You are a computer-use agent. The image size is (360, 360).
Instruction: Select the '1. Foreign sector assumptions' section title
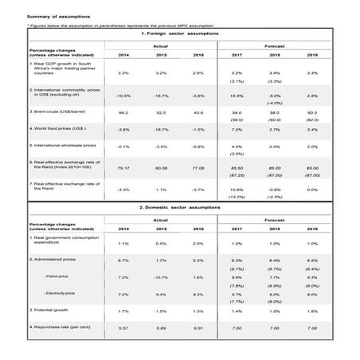tap(180, 33)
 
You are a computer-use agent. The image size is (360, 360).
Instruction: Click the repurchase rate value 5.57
tap(123, 327)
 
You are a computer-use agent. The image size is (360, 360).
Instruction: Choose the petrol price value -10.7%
tap(160, 278)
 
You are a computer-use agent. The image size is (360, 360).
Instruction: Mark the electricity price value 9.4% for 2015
tap(160, 294)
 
